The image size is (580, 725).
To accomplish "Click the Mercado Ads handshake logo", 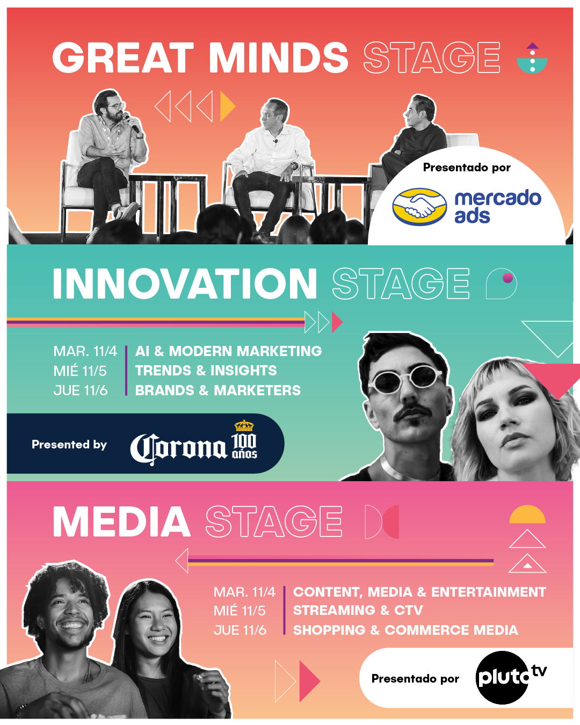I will (419, 206).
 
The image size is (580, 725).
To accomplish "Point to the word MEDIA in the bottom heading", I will (121, 521).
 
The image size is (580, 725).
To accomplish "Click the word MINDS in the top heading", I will (278, 57).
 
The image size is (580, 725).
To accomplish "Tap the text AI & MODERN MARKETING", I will (228, 351).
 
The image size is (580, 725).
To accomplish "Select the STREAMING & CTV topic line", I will (358, 611).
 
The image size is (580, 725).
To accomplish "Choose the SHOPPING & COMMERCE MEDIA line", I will (405, 630).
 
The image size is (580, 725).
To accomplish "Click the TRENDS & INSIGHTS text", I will (206, 371).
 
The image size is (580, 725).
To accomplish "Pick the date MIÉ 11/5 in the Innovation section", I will (80, 371).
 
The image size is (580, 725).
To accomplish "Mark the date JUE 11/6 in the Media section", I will (240, 630).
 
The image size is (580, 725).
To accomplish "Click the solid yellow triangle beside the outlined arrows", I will (227, 106).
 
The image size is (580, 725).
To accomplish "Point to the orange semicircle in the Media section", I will (527, 515).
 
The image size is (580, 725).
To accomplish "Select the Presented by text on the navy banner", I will (69, 445).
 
